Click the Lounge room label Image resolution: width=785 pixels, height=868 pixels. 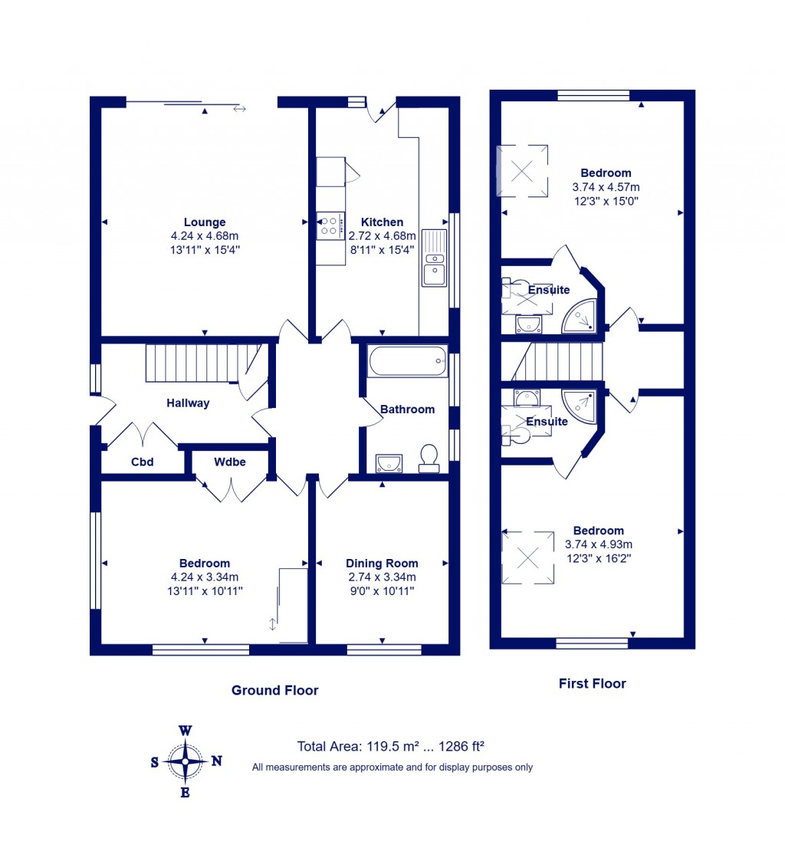pyautogui.click(x=205, y=222)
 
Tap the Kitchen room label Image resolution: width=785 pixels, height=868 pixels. pyautogui.click(x=382, y=222)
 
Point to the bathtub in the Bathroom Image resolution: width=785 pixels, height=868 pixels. pyautogui.click(x=406, y=360)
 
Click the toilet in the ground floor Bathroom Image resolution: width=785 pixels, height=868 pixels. pyautogui.click(x=429, y=458)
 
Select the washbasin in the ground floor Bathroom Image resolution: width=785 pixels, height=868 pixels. pyautogui.click(x=389, y=462)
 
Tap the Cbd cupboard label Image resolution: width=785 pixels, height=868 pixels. pyautogui.click(x=143, y=462)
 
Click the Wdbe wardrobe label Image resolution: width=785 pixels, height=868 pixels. pyautogui.click(x=230, y=462)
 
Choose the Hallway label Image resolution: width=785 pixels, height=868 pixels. pyautogui.click(x=188, y=403)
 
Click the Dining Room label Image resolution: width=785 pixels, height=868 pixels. pyautogui.click(x=382, y=563)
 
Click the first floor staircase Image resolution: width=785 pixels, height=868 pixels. pyautogui.click(x=563, y=361)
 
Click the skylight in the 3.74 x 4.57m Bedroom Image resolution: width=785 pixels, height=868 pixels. pyautogui.click(x=522, y=170)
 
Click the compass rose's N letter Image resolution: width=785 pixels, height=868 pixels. pyautogui.click(x=217, y=761)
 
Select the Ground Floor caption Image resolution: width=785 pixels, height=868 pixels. pyautogui.click(x=274, y=690)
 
